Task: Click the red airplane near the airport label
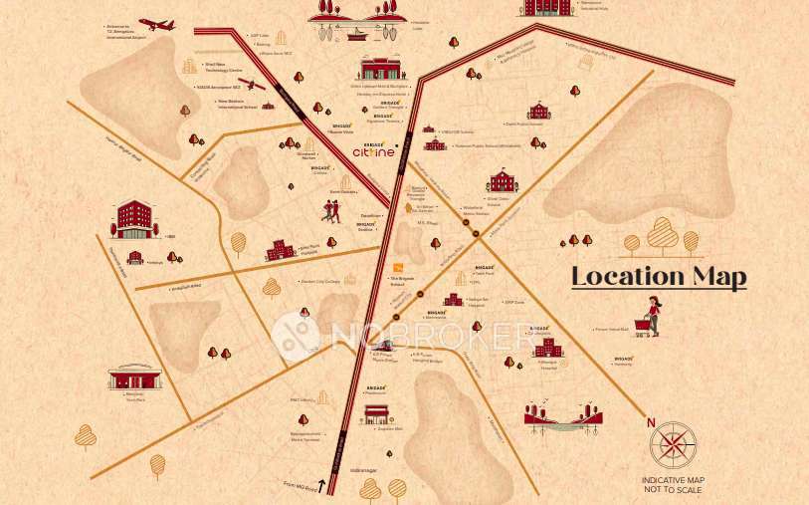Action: click(x=157, y=23)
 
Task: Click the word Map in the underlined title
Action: click(x=717, y=276)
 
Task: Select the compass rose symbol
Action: click(x=674, y=445)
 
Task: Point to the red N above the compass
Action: click(x=651, y=422)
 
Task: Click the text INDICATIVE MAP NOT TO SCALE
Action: click(x=674, y=485)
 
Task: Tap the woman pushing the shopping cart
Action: click(x=652, y=316)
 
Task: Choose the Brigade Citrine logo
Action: click(x=374, y=150)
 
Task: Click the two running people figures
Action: click(x=330, y=209)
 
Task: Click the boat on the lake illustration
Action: click(x=355, y=31)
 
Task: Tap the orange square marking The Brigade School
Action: click(x=398, y=267)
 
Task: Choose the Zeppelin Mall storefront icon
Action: click(x=376, y=413)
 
